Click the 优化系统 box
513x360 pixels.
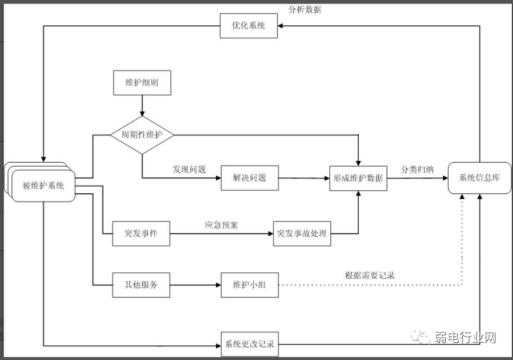(249, 26)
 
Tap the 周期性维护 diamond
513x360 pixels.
(142, 135)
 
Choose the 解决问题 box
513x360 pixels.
(249, 177)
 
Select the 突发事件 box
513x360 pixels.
(141, 234)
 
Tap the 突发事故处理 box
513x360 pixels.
(302, 234)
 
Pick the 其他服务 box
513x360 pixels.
(141, 285)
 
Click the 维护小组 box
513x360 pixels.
(249, 285)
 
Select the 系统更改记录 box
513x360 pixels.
(249, 344)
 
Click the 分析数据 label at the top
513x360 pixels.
(305, 9)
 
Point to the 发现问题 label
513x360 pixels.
(189, 170)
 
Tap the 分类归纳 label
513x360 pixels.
(417, 170)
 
